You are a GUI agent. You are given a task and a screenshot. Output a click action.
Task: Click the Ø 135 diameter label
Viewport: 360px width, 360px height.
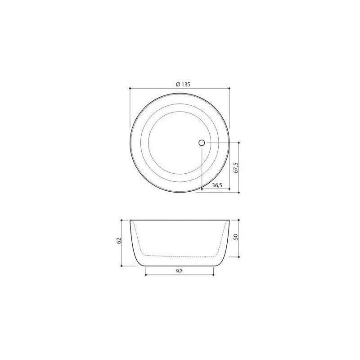tap(183, 85)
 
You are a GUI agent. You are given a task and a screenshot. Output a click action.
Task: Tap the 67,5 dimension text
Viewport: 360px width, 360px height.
tap(236, 167)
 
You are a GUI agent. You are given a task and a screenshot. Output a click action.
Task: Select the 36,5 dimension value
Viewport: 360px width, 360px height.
tap(217, 185)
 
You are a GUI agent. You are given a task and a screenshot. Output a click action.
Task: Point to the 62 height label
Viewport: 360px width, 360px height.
tap(119, 241)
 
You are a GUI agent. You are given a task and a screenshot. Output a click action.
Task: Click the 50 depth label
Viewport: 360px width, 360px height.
tap(235, 237)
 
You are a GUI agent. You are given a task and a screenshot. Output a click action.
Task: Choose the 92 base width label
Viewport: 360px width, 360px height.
tap(179, 271)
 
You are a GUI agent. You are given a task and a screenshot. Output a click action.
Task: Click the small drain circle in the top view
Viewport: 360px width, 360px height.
tap(202, 143)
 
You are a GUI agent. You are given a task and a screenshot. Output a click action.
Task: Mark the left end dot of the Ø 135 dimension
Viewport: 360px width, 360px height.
tap(130, 88)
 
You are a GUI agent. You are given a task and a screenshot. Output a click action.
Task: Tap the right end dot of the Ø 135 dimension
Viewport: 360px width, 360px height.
tap(229, 88)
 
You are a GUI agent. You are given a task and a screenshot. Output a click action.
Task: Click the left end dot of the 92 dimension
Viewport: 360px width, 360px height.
tap(146, 275)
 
